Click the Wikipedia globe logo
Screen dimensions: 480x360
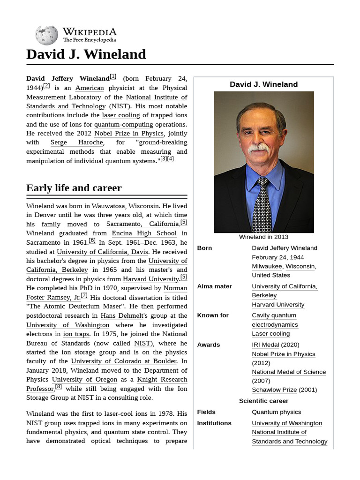click(x=46, y=35)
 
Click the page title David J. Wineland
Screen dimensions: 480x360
click(x=86, y=54)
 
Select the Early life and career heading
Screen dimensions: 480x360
click(x=74, y=188)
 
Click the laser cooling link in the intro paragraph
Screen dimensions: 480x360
click(x=121, y=115)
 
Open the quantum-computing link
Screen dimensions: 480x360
click(x=123, y=124)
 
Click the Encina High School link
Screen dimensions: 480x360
click(x=144, y=233)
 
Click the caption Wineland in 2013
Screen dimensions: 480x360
click(x=263, y=237)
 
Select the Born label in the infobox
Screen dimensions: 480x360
click(x=204, y=248)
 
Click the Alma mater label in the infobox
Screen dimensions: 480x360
click(x=214, y=286)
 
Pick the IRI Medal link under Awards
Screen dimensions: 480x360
click(x=265, y=345)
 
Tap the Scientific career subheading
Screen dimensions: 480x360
click(x=263, y=401)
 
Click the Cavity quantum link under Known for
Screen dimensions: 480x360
click(x=274, y=315)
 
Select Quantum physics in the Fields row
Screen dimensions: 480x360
click(x=276, y=412)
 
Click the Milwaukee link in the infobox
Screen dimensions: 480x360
click(x=266, y=266)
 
